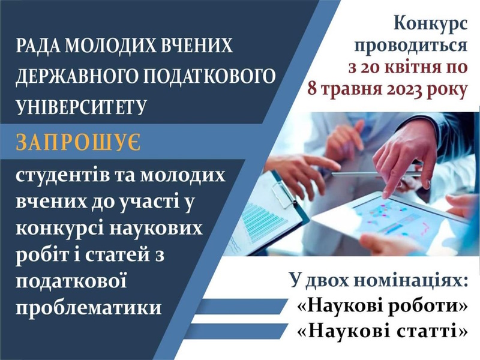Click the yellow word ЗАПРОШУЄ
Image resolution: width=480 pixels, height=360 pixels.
pyautogui.click(x=79, y=143)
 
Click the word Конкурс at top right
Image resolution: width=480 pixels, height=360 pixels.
pyautogui.click(x=431, y=25)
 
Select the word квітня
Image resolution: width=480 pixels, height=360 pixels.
pyautogui.click(x=412, y=67)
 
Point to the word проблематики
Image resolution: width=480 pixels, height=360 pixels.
pyautogui.click(x=89, y=307)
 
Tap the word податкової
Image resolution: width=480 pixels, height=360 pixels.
pyautogui.click(x=71, y=280)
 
